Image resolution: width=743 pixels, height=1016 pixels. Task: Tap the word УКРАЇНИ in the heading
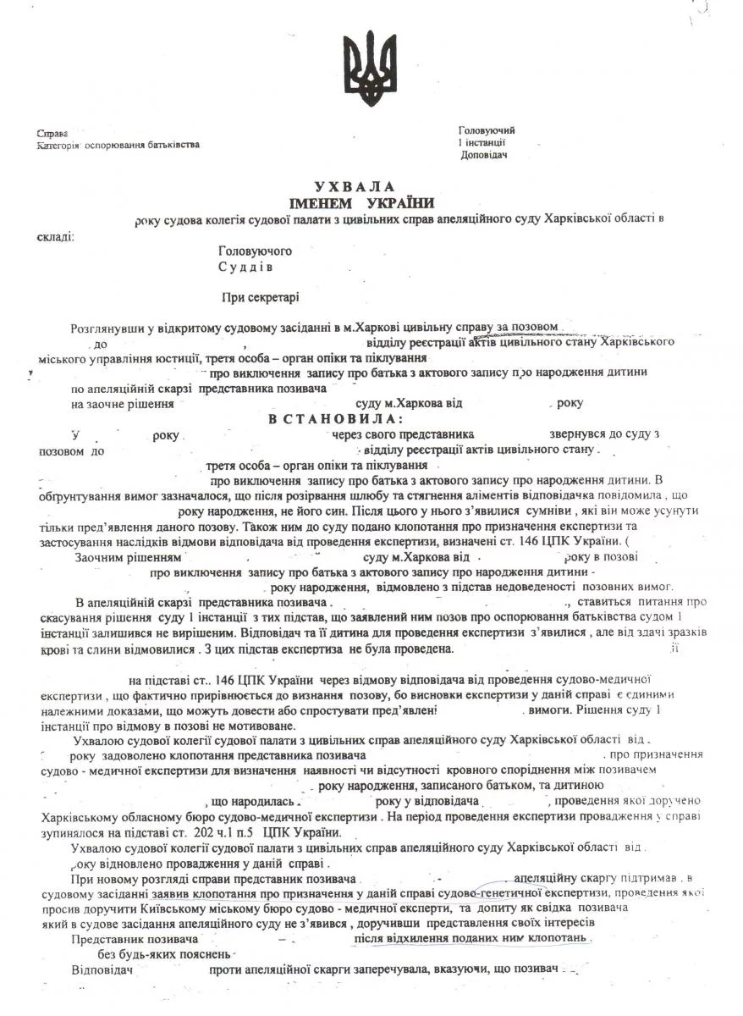click(x=400, y=203)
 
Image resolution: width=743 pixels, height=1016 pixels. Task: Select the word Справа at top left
click(x=52, y=135)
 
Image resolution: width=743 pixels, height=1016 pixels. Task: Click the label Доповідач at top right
click(x=485, y=155)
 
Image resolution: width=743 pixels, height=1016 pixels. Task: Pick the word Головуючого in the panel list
click(x=255, y=252)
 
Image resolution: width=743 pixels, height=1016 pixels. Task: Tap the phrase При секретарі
click(x=260, y=297)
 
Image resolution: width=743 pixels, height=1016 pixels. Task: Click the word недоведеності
click(x=543, y=586)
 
